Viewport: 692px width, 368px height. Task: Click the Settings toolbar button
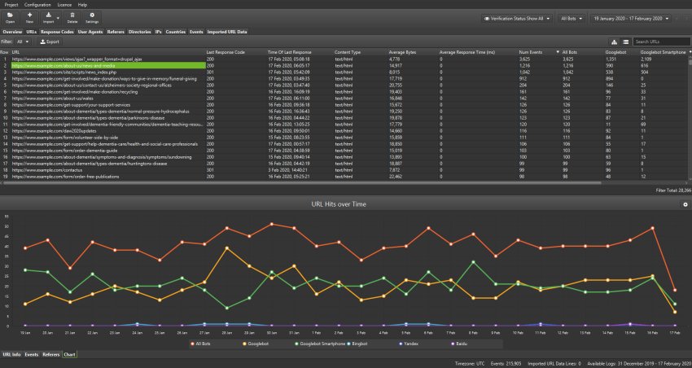[x=92, y=17]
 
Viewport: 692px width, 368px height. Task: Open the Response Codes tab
[x=57, y=32]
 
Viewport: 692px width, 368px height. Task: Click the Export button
[x=50, y=41]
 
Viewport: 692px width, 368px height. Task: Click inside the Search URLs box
[x=661, y=42]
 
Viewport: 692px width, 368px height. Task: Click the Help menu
[x=83, y=4]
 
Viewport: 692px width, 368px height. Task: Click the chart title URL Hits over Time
[x=346, y=204]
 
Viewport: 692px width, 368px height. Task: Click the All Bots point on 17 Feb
[x=675, y=290]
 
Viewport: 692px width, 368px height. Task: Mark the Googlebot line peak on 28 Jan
[x=226, y=248]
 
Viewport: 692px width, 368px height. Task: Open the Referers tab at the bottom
[x=51, y=355]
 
